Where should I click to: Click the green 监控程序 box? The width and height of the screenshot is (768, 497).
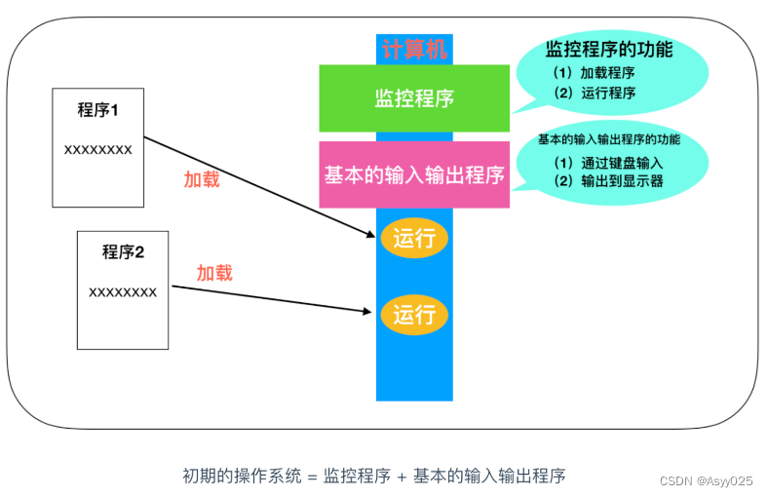[x=414, y=98]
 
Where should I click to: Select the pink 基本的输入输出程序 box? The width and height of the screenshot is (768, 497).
[x=414, y=175]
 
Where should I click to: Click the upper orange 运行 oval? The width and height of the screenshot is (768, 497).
[x=414, y=238]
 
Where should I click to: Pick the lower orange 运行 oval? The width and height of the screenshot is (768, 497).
[x=414, y=314]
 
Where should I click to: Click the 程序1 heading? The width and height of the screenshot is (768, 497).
[x=97, y=110]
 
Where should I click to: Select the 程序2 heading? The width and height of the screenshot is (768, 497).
[x=123, y=252]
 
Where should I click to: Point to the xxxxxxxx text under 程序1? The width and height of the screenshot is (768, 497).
[x=97, y=150]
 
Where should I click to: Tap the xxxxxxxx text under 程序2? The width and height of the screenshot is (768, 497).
[x=123, y=291]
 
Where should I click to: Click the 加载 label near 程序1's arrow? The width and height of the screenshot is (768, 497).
[x=202, y=179]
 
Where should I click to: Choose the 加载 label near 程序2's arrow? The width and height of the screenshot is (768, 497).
[x=214, y=273]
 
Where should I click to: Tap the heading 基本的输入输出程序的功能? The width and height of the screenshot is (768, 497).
[x=609, y=139]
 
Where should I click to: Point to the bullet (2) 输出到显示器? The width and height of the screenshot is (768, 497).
[x=607, y=181]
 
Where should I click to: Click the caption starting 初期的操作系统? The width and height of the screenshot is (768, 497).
[x=373, y=476]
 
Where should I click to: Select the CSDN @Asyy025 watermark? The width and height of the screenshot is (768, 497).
[x=706, y=481]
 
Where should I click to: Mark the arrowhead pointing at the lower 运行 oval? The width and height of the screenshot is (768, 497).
[x=370, y=312]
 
